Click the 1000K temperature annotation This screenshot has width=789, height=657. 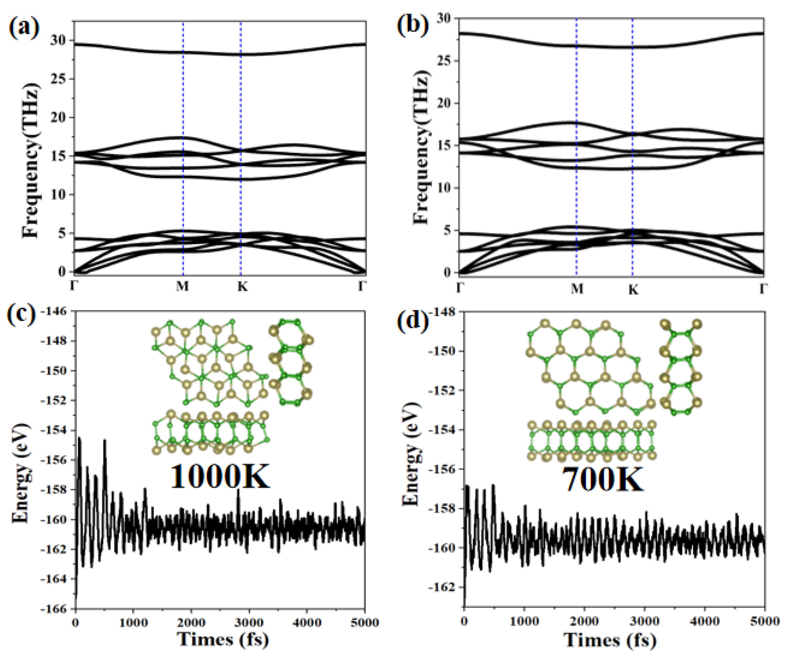[220, 477]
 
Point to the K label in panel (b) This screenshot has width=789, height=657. [633, 290]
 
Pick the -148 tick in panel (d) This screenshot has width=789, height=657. [443, 312]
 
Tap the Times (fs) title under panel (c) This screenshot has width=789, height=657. [223, 640]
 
